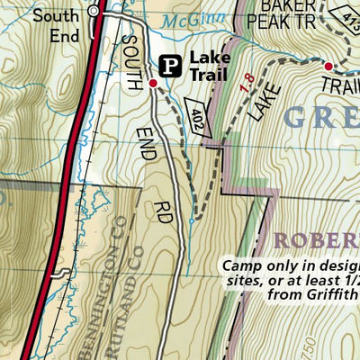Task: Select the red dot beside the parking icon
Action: tap(153, 84)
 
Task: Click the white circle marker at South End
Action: tap(94, 12)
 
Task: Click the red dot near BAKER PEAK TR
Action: tap(328, 67)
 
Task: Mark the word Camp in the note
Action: tap(241, 267)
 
